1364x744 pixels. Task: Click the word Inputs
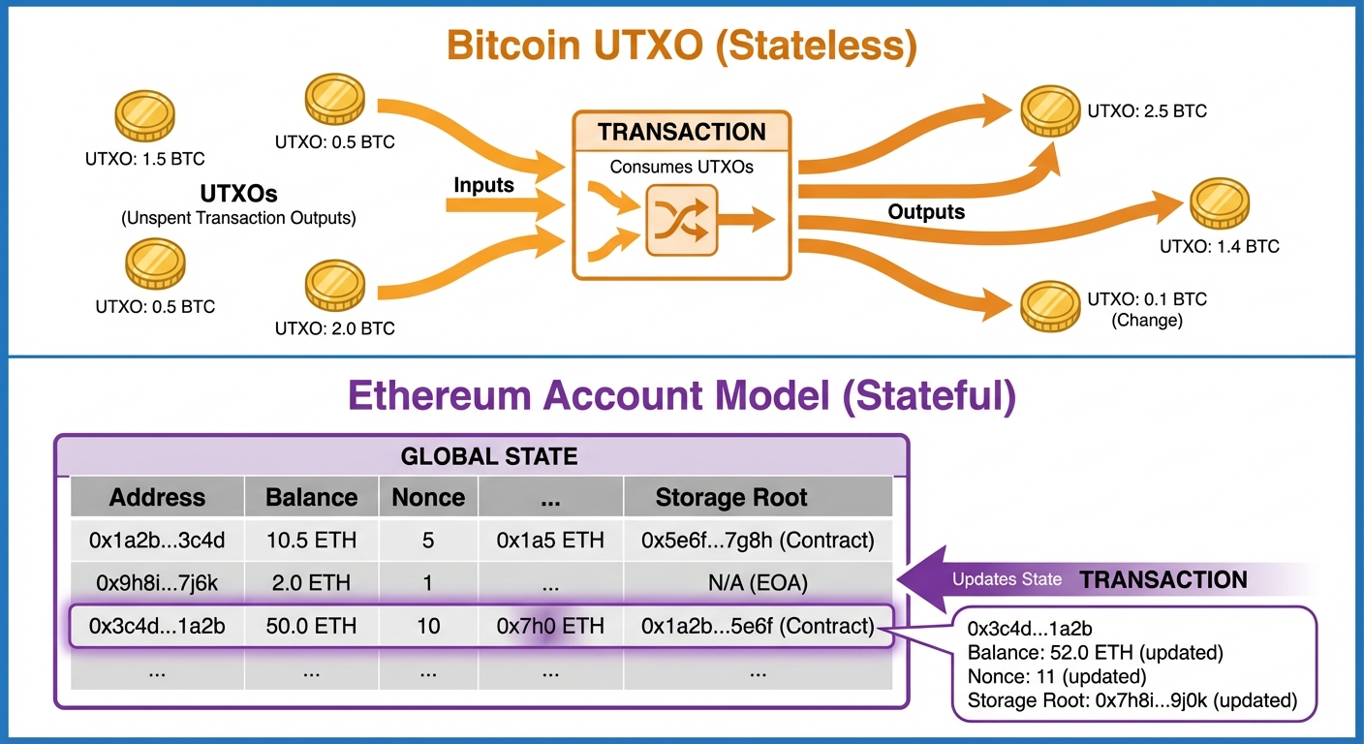(484, 183)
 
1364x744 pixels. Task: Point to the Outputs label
(926, 211)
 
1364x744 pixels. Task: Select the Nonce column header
(428, 498)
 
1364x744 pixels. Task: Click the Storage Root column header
(731, 498)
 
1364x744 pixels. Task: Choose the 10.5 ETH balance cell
(311, 541)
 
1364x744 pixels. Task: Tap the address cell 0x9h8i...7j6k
(157, 583)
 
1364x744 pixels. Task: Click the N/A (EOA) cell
(758, 583)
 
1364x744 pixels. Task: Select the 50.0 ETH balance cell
(311, 626)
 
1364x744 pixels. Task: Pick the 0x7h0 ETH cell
(550, 626)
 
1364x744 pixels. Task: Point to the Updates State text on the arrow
(1007, 580)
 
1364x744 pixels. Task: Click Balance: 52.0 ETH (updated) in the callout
(1095, 652)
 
